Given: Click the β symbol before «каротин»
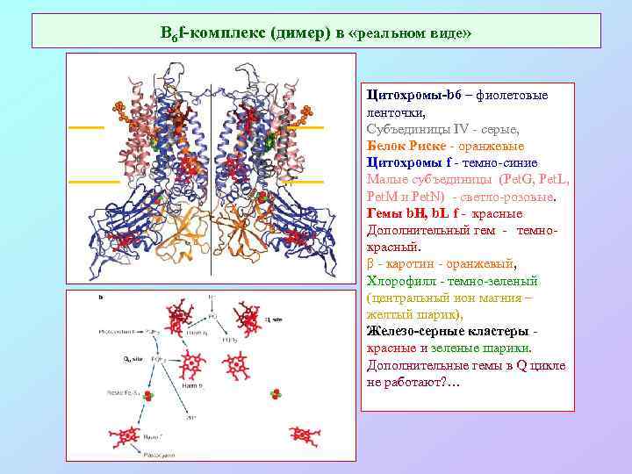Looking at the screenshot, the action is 370,263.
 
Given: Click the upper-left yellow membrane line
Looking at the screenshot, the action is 86,127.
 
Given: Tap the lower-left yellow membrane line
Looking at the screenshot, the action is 93,182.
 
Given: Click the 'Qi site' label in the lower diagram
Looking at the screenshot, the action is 273,320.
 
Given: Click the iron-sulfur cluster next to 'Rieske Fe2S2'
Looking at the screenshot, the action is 148,397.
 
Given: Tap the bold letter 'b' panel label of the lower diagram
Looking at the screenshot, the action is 101,298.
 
